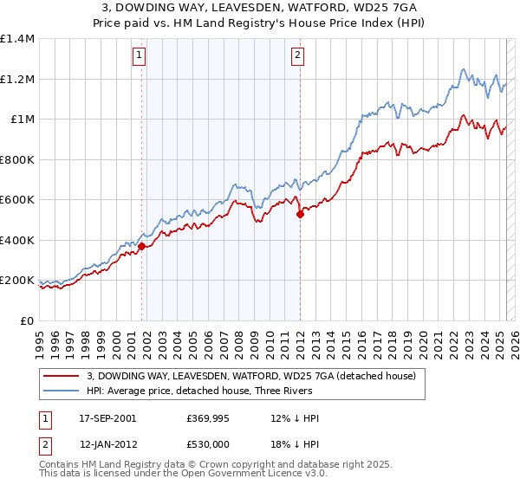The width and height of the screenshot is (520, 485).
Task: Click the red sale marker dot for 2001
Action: (x=140, y=246)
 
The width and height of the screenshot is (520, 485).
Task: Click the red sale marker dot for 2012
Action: (x=300, y=214)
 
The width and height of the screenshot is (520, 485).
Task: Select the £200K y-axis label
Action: (x=17, y=281)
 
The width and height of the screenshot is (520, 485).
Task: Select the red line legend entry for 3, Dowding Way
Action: (x=251, y=375)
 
